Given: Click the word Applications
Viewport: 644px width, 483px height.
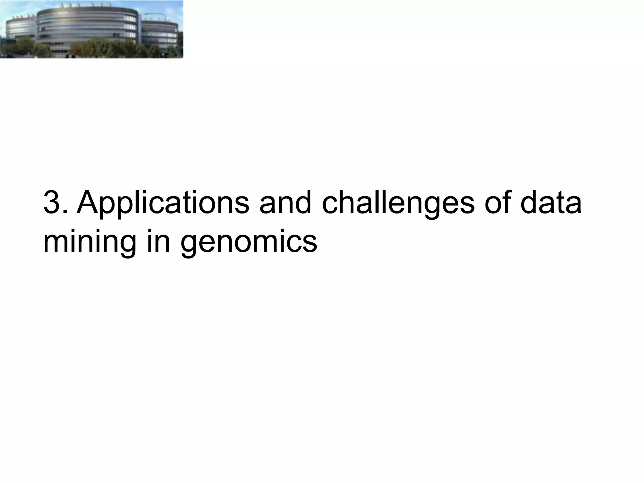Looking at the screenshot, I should pos(163,203).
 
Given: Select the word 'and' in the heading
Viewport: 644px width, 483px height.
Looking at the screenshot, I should pos(285,203).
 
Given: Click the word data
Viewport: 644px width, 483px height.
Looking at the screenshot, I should pos(551,203).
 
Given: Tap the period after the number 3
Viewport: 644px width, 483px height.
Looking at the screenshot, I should pos(65,213).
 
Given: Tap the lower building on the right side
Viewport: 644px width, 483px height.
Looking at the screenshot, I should pos(160,35).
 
